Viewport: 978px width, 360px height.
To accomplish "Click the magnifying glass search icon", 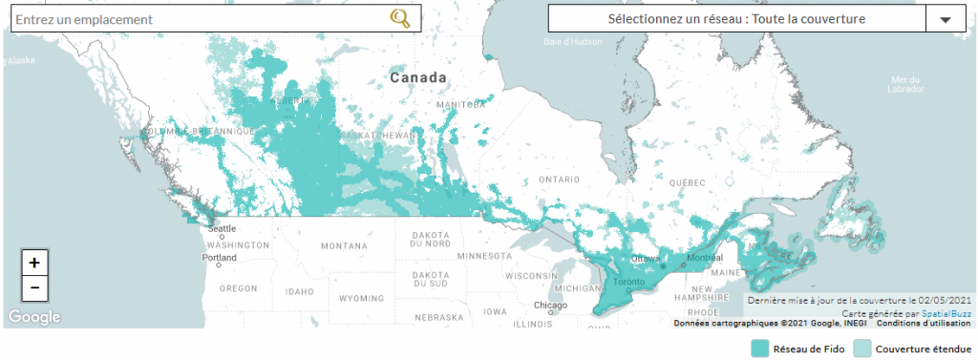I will (x=400, y=18).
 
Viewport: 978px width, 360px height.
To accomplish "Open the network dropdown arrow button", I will (x=946, y=19).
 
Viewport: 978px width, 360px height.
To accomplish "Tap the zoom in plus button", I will (x=34, y=263).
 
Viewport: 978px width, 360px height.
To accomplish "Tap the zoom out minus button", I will (x=34, y=287).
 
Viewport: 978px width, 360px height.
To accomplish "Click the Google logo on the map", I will (x=34, y=317).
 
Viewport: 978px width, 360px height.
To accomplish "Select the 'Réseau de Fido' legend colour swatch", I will (x=760, y=349).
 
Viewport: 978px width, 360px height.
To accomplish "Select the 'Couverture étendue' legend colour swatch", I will (x=861, y=349).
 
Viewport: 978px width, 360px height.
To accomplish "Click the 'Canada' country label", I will (x=418, y=76).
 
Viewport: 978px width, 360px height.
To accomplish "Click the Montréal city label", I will (x=705, y=259).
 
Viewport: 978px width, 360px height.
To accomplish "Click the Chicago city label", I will (x=551, y=306).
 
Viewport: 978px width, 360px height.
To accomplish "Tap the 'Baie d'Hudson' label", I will (x=572, y=42).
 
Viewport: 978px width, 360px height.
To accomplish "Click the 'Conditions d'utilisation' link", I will (x=923, y=323).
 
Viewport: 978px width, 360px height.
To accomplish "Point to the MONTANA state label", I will (x=344, y=245).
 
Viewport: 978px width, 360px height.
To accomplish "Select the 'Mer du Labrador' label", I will (x=904, y=84).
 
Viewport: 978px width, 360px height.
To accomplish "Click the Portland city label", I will (x=219, y=258).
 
